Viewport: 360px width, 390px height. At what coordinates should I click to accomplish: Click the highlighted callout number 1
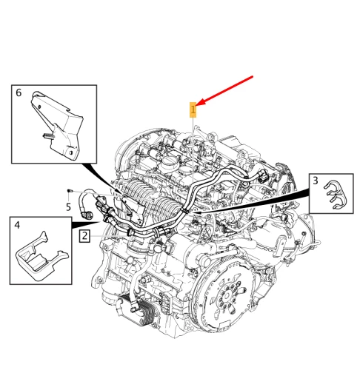point(193,110)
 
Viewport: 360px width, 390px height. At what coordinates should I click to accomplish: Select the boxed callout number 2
point(84,236)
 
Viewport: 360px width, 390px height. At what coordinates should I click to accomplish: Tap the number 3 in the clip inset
point(316,181)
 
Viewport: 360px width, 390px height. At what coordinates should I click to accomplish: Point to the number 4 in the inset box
point(17,225)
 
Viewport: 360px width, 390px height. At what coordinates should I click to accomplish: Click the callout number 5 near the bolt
point(68,207)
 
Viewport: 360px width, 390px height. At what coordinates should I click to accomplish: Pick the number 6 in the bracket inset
point(19,93)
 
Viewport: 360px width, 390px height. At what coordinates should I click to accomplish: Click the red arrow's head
point(201,103)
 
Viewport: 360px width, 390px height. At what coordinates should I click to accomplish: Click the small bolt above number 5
point(70,191)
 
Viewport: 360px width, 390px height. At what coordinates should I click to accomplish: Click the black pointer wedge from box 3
point(251,201)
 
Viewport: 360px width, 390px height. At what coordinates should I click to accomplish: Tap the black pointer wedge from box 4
point(86,223)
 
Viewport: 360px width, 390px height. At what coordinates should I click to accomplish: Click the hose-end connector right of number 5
point(87,215)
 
